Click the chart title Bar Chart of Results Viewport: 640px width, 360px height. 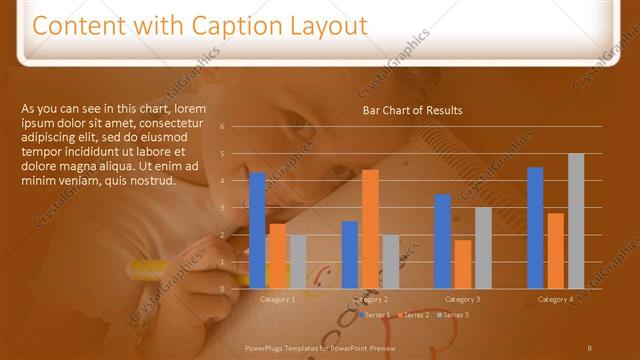(x=412, y=110)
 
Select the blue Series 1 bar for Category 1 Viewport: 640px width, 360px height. (x=257, y=230)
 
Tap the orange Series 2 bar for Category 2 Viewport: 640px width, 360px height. (x=370, y=229)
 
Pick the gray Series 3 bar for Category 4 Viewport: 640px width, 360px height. (x=576, y=221)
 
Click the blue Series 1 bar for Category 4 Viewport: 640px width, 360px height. (x=535, y=228)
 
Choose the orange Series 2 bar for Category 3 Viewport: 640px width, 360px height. (x=462, y=264)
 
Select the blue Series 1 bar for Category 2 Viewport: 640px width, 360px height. (x=350, y=255)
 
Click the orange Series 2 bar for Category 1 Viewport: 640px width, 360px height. (x=277, y=256)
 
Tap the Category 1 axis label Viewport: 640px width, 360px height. (x=277, y=299)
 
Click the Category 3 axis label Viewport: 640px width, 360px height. (x=462, y=299)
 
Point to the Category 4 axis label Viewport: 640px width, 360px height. (x=555, y=299)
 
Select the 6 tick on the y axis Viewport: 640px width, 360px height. (x=236, y=126)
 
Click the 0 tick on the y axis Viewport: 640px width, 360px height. (x=236, y=289)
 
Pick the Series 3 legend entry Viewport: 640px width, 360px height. (x=455, y=315)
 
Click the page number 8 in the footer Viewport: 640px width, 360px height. (x=590, y=347)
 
